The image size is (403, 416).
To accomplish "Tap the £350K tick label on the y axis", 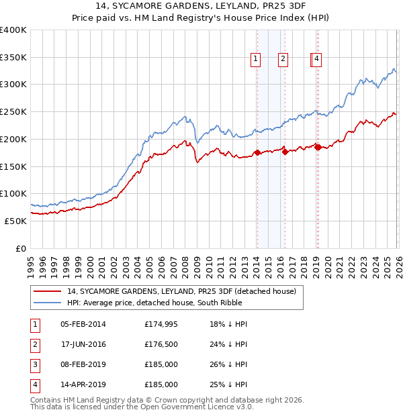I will [x=13, y=58].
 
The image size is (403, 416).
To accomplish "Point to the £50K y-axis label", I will [x=16, y=221].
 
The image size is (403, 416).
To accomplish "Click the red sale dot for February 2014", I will [x=257, y=153].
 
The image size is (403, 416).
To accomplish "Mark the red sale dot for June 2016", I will [x=285, y=152].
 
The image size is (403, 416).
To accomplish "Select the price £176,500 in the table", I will [x=161, y=344].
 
